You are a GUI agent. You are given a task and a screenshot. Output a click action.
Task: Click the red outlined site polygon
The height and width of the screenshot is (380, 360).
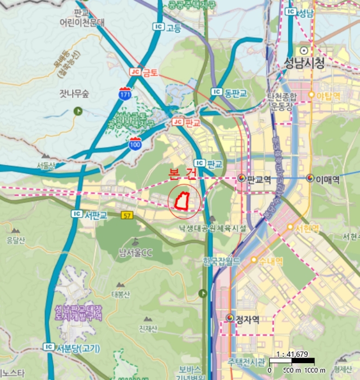[x=181, y=200]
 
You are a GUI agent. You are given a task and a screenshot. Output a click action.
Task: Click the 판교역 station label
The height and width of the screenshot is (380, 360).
[x=258, y=178]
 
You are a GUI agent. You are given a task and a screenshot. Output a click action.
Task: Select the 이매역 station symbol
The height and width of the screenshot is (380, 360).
[x=310, y=178]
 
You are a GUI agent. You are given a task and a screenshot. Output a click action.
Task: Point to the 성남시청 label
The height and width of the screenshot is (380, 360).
[x=304, y=63]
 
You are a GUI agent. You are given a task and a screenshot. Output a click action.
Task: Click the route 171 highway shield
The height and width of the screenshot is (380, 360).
[x=125, y=94]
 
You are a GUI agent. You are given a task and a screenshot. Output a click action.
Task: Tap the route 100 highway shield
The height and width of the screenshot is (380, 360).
[x=135, y=143]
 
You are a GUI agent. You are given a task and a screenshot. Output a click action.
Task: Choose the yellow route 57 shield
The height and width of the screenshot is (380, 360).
[x=128, y=215]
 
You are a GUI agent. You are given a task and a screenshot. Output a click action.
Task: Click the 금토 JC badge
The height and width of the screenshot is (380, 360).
[x=135, y=72]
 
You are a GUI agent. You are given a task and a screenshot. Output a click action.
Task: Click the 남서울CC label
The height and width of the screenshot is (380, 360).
[x=136, y=252]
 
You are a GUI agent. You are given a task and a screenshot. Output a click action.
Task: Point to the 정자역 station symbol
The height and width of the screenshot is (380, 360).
[x=230, y=318]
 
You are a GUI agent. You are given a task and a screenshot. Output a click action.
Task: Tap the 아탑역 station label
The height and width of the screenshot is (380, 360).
[x=328, y=96]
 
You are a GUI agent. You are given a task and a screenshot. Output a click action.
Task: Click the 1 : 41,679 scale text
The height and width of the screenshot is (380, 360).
[x=292, y=354]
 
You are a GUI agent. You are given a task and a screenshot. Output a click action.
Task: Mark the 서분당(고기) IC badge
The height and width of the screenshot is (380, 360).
[x=49, y=347]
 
